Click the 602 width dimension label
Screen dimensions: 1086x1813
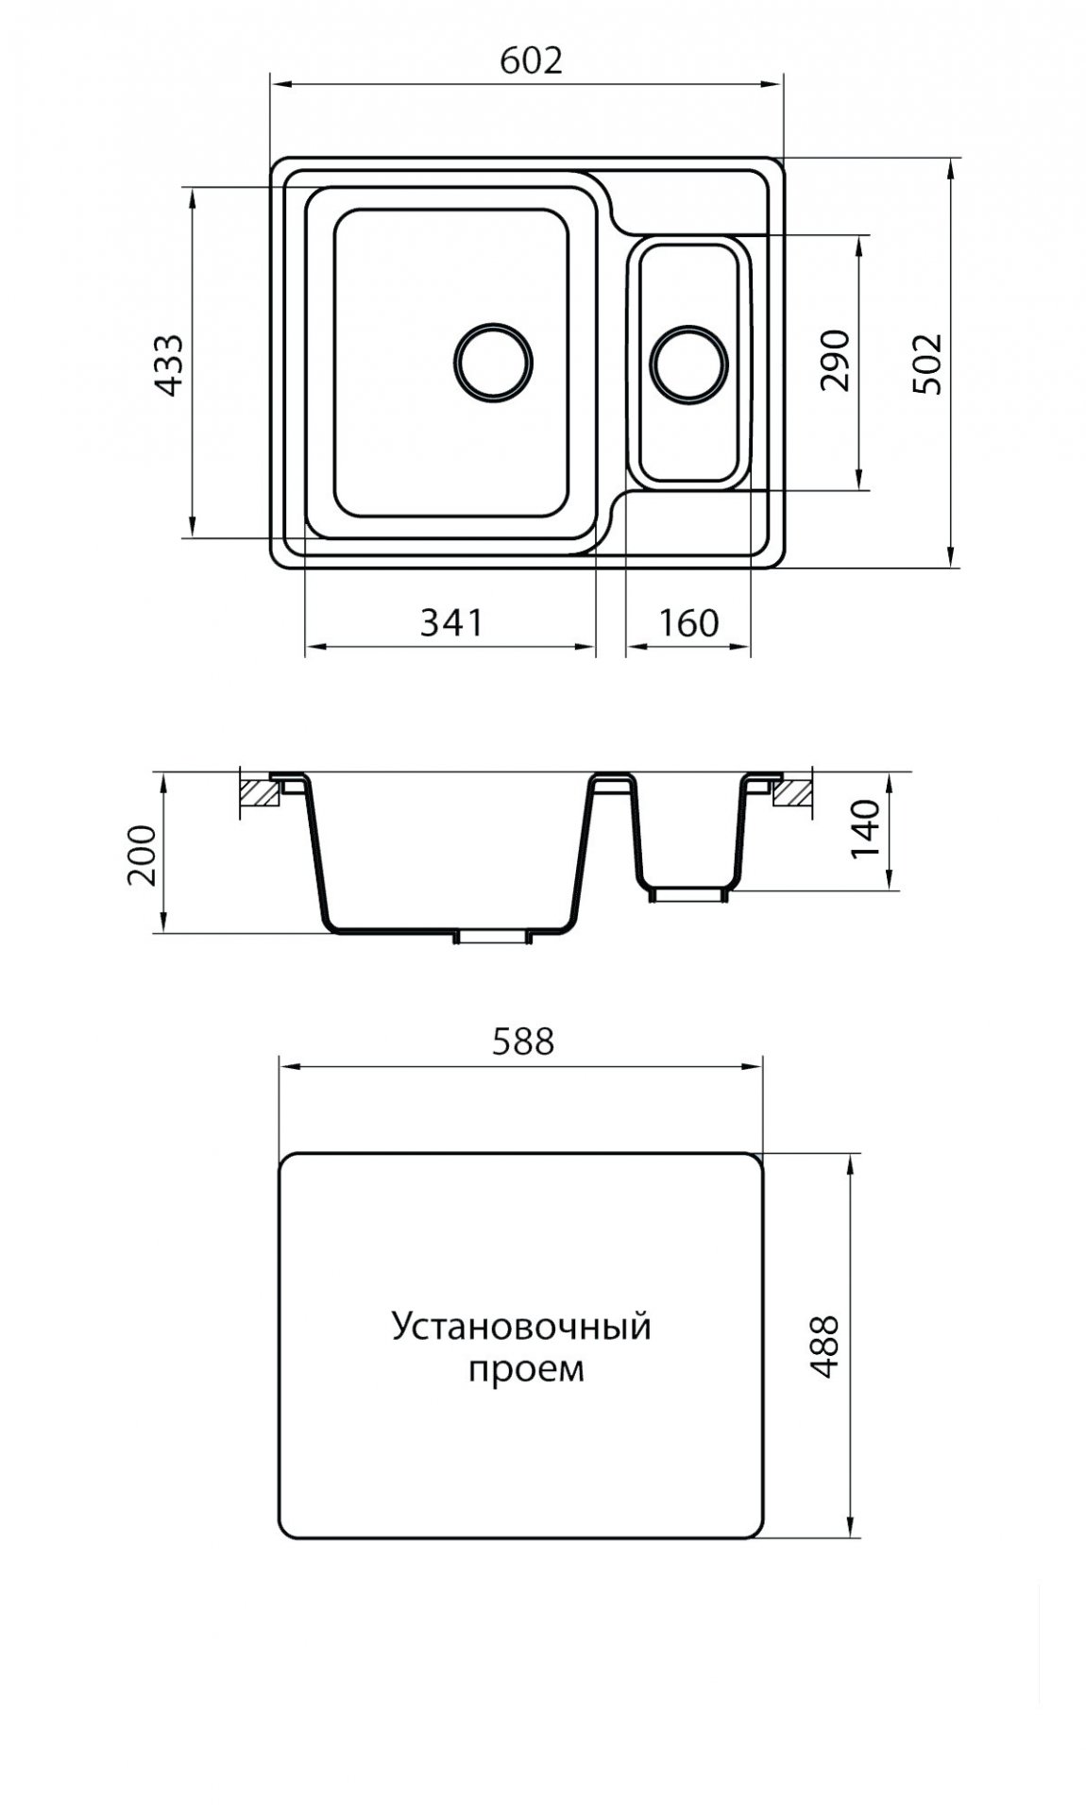pyautogui.click(x=531, y=60)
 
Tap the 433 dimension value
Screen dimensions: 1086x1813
pyautogui.click(x=169, y=364)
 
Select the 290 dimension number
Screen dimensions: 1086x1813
pyautogui.click(x=836, y=360)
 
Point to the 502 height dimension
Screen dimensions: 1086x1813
pyautogui.click(x=926, y=364)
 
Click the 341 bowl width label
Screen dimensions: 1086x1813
pyautogui.click(x=451, y=622)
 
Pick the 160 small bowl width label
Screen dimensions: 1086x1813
pyautogui.click(x=687, y=622)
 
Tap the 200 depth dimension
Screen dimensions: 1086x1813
pyautogui.click(x=142, y=855)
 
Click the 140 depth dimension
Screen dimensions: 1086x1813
pyautogui.click(x=864, y=828)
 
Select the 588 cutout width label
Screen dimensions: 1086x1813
pyautogui.click(x=522, y=1041)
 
